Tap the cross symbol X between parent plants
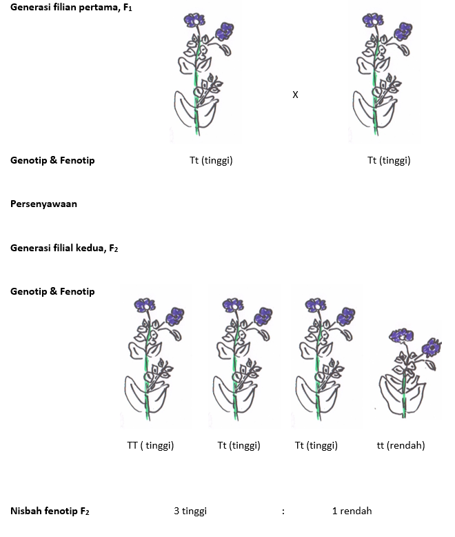295,95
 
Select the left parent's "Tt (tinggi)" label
211,160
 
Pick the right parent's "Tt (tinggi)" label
389,160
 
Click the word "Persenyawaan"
43,204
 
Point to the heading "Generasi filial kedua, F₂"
64,248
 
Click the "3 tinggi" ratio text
190,511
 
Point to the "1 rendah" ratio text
352,511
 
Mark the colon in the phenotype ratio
283,511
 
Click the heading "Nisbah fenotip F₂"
50,511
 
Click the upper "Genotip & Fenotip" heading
52,160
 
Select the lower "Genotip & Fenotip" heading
52,291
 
